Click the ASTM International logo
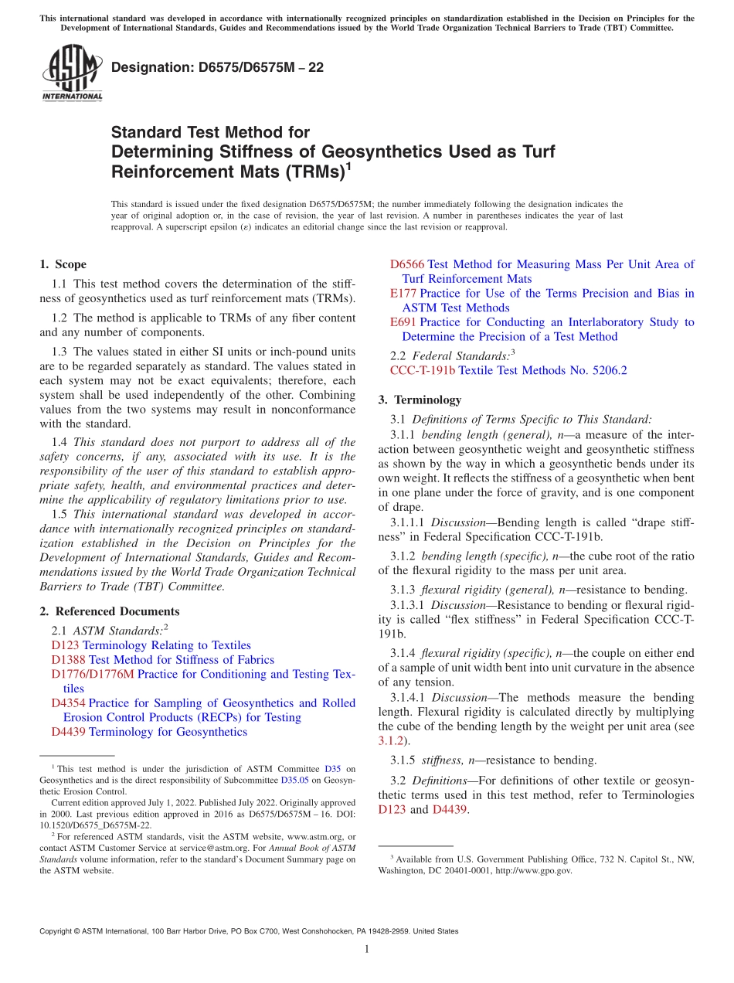pos(71,73)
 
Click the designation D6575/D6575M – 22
pos(217,67)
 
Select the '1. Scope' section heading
pos(63,264)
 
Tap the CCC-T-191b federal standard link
pos(423,371)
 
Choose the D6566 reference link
pos(407,264)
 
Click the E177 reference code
pos(403,294)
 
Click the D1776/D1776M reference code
pos(93,674)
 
